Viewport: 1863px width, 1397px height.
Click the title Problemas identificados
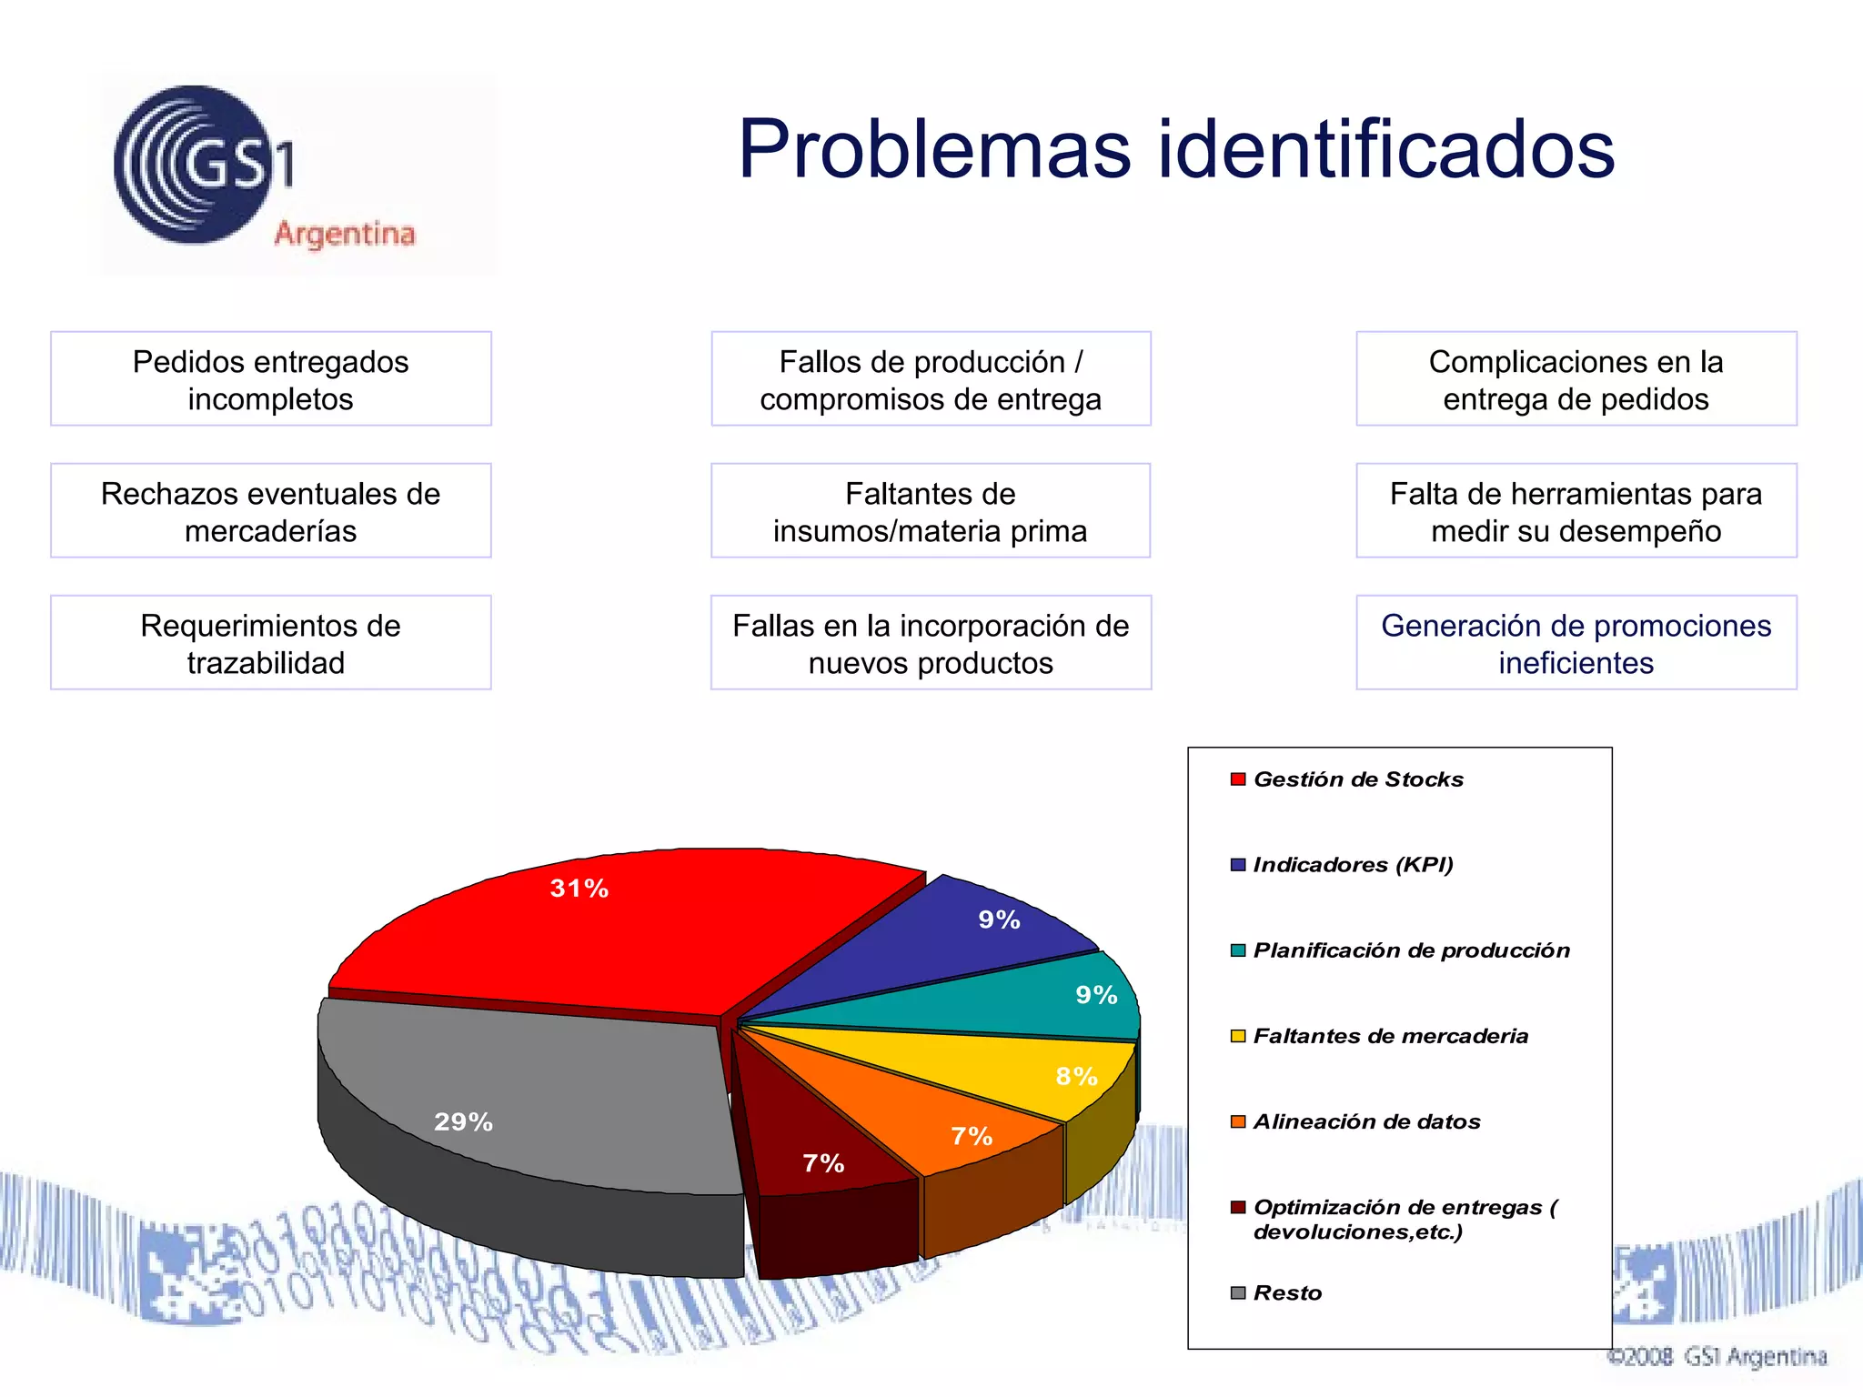(x=1175, y=149)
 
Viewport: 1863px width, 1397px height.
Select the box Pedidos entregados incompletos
(x=270, y=379)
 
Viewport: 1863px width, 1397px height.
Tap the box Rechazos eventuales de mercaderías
(x=270, y=511)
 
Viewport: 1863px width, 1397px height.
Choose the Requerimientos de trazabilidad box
(x=270, y=643)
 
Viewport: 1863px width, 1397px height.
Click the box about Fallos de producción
(x=931, y=379)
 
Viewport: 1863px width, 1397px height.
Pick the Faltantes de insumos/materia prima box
(x=931, y=511)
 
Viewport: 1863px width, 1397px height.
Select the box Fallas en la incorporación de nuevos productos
(x=931, y=643)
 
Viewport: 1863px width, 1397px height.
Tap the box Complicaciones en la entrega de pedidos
(x=1576, y=379)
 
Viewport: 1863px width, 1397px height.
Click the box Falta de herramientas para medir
(x=1576, y=511)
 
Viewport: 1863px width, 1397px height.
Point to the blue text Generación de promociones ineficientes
(x=1576, y=643)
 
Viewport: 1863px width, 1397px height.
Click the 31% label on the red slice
(x=579, y=889)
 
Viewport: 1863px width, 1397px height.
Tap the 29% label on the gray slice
(x=463, y=1122)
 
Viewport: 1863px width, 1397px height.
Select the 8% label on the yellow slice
(x=1076, y=1077)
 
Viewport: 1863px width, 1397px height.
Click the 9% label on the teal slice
(x=1096, y=995)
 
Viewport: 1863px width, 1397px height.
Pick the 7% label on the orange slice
(x=972, y=1136)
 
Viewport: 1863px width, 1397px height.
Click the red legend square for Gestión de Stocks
(x=1237, y=779)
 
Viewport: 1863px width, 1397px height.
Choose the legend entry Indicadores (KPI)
(x=1352, y=865)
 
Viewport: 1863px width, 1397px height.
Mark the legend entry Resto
(x=1286, y=1293)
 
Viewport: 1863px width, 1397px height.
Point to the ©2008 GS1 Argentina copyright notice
(x=1717, y=1357)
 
